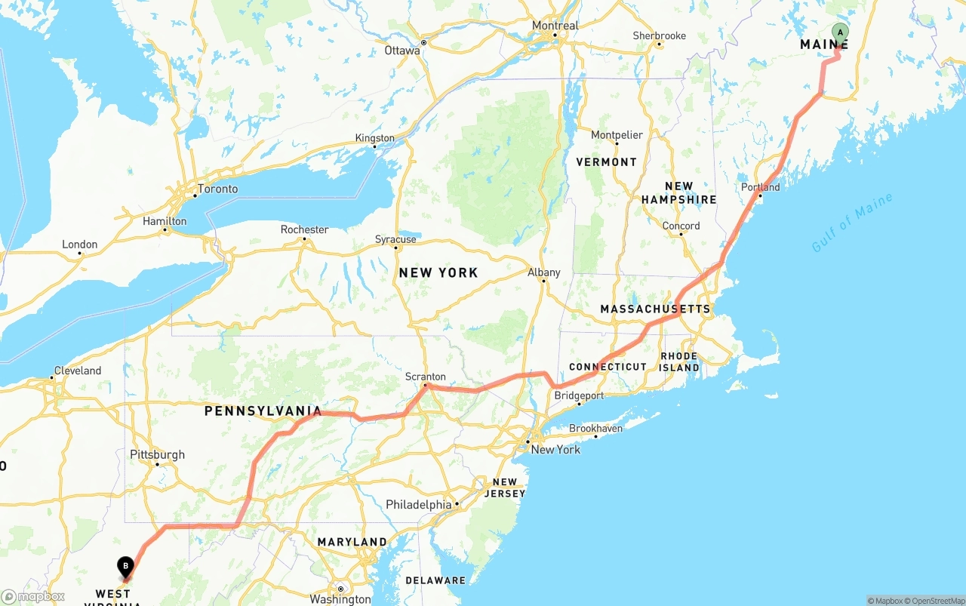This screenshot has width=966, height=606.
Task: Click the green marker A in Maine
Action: tap(840, 32)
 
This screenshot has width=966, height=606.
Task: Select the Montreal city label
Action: tap(555, 26)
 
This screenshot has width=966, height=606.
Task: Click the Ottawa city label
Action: tap(402, 51)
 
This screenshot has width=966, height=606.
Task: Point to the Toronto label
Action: tap(217, 189)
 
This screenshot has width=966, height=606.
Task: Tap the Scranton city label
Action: tap(426, 377)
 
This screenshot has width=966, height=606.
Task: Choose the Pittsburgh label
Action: tap(157, 455)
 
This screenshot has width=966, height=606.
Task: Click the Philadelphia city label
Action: tap(418, 504)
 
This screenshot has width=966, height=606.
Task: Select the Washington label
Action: tap(340, 599)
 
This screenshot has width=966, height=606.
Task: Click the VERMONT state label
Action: tap(606, 162)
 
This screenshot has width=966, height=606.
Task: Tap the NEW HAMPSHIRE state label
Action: tap(679, 193)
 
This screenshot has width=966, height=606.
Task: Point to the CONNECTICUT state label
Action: tap(608, 367)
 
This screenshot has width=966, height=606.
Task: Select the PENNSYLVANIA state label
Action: tap(263, 411)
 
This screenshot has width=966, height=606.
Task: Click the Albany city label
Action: tap(544, 272)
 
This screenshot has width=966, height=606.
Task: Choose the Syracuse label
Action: tap(395, 239)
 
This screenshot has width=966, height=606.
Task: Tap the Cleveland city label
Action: tap(77, 371)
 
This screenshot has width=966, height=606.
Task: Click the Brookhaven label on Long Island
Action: tap(595, 428)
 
